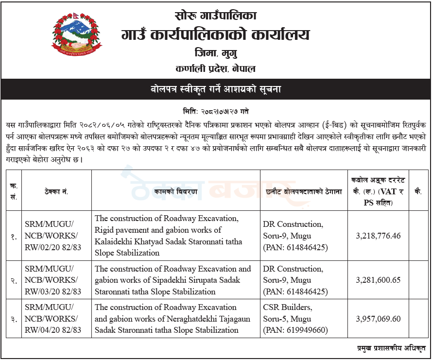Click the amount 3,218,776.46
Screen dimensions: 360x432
click(378, 236)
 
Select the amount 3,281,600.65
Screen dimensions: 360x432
click(378, 280)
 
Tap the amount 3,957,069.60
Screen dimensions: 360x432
click(378, 319)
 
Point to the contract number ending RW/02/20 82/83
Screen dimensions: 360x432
click(53, 247)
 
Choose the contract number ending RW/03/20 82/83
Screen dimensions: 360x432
click(53, 291)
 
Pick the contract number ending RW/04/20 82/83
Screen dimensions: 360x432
click(53, 330)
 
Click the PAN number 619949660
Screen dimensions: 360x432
click(305, 330)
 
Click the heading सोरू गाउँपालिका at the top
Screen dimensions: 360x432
click(215, 16)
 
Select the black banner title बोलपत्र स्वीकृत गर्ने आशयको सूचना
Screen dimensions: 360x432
click(215, 89)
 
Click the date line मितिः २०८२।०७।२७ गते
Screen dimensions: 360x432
click(215, 111)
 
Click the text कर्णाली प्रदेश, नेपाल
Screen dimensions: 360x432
click(215, 69)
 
